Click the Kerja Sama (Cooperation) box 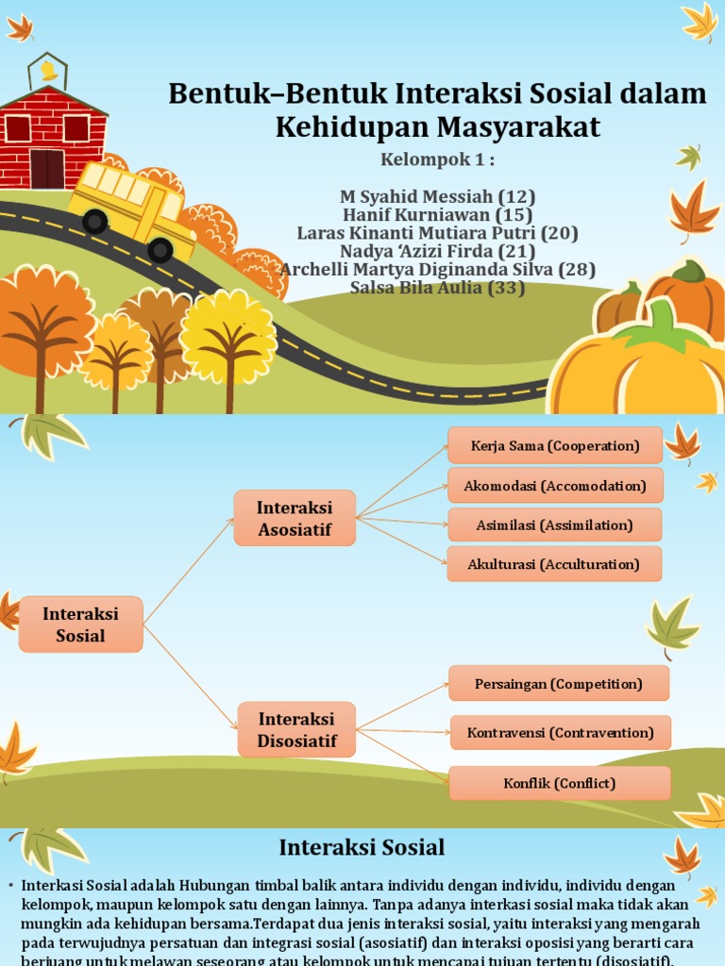(x=555, y=446)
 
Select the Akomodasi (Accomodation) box (x=555, y=486)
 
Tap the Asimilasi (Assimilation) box (x=554, y=525)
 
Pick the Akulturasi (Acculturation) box (x=554, y=564)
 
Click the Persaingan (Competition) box (x=559, y=683)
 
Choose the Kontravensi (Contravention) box (x=561, y=732)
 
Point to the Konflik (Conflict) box (x=560, y=783)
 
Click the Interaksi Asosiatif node (x=295, y=518)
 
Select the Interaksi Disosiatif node (x=296, y=729)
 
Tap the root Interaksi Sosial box (x=81, y=625)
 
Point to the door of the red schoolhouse (x=46, y=168)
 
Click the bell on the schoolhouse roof (x=48, y=71)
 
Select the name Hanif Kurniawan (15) (x=437, y=215)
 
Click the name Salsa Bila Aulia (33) (x=437, y=288)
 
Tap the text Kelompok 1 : (x=437, y=158)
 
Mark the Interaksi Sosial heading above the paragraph (x=362, y=847)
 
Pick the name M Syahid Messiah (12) (x=437, y=197)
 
